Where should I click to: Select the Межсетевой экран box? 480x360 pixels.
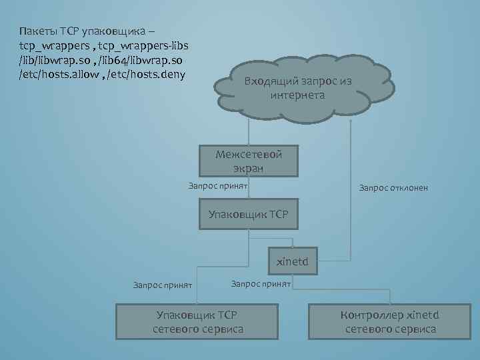(x=249, y=161)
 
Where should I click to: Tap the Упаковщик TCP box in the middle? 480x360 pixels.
(x=249, y=214)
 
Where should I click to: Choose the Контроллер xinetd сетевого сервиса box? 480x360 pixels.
(x=391, y=321)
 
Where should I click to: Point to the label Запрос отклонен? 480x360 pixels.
(x=393, y=188)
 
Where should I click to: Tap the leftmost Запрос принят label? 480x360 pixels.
(x=163, y=285)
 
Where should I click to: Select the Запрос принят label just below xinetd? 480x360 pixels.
(x=261, y=283)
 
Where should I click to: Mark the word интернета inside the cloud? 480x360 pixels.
(x=298, y=95)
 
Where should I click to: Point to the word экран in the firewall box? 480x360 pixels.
(x=249, y=167)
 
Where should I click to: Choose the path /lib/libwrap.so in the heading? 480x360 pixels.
(x=53, y=59)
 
